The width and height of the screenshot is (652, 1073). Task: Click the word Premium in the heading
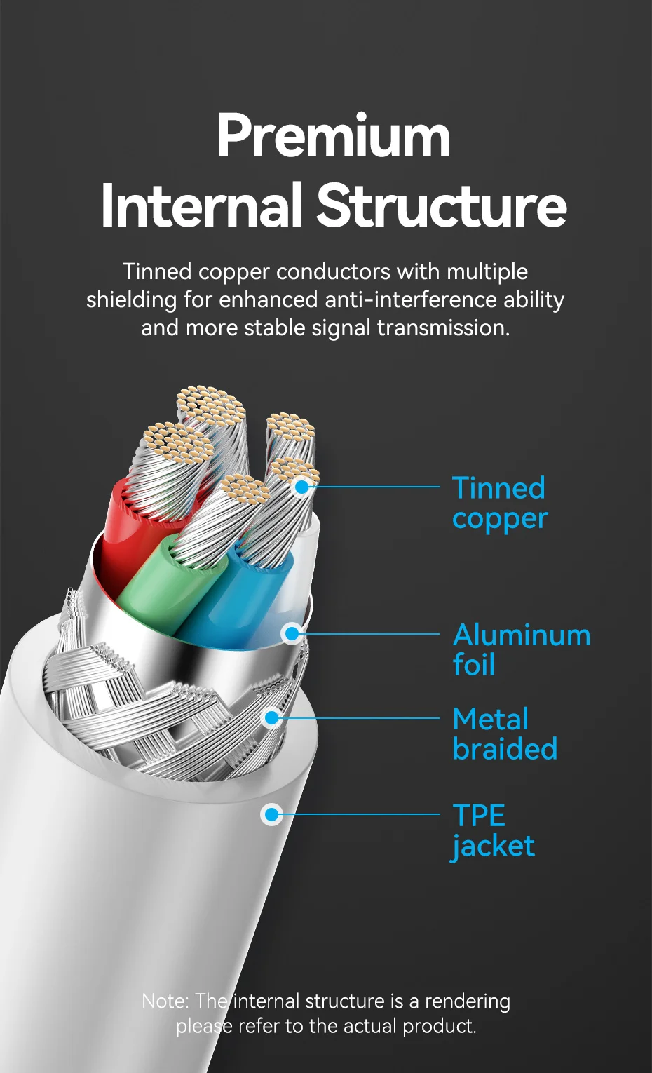tap(334, 137)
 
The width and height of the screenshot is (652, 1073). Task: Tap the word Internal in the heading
tap(201, 205)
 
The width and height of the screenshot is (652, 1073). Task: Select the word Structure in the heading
tap(442, 205)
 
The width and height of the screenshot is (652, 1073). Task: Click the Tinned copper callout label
tap(500, 503)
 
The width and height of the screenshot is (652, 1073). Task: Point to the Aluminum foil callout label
tap(522, 649)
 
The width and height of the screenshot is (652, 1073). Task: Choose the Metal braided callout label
tap(505, 734)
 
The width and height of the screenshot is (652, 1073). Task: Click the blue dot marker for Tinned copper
tap(301, 487)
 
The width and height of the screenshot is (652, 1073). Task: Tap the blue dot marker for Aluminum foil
tap(292, 634)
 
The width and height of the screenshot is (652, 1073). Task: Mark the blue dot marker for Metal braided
tap(272, 717)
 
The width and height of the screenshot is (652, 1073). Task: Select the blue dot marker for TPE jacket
tap(271, 814)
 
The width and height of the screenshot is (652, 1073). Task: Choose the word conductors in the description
tap(333, 271)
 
